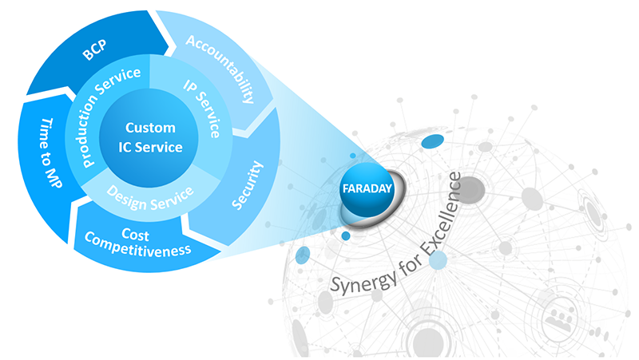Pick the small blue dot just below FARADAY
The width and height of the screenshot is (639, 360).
tap(345, 235)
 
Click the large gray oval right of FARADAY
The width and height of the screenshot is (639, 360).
tap(470, 188)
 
